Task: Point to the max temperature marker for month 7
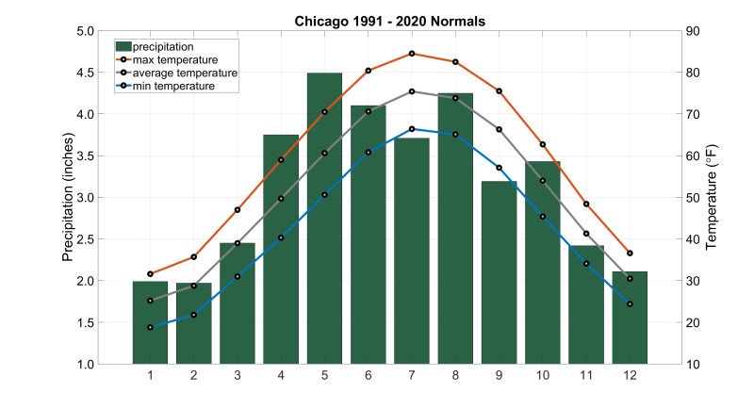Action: pos(412,54)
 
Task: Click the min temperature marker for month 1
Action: pos(150,327)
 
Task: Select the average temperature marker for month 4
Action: pos(281,199)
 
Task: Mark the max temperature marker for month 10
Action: pos(543,144)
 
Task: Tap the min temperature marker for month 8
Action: pos(455,135)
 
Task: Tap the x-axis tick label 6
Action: pos(369,376)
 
